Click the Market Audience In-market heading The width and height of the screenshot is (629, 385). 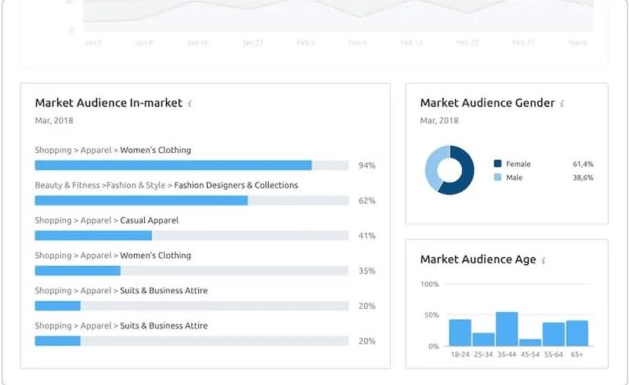[x=108, y=103]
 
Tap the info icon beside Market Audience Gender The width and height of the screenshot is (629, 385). [x=562, y=104]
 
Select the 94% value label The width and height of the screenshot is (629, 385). [x=367, y=165]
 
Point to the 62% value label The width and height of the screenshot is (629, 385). [x=367, y=201]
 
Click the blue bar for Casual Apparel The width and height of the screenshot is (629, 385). [x=93, y=235]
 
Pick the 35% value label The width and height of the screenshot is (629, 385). [x=367, y=271]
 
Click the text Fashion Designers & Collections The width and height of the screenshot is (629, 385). [x=236, y=186]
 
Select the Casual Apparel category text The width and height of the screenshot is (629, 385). [x=149, y=220]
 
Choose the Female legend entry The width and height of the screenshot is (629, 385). [x=518, y=164]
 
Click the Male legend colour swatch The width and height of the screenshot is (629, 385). [x=497, y=178]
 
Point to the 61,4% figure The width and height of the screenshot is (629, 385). [x=583, y=164]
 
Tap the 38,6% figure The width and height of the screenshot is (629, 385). [x=583, y=178]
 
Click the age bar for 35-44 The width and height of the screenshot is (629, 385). [x=507, y=329]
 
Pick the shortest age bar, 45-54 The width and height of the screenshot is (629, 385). [x=530, y=343]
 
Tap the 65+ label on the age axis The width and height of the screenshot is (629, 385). [x=577, y=355]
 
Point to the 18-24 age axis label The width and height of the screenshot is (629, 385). [x=460, y=355]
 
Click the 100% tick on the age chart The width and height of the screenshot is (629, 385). [x=430, y=284]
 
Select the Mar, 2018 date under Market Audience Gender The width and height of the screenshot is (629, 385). [x=439, y=121]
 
